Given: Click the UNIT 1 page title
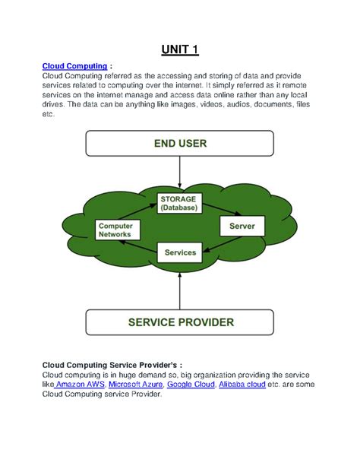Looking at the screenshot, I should coord(179,51).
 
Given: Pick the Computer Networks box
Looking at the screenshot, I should coord(116,230).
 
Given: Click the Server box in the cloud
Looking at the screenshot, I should coord(242,227).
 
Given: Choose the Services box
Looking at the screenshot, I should coord(180,252).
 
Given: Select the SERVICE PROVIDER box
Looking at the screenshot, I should coord(179,322).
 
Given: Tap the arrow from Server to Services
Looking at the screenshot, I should coord(221,243).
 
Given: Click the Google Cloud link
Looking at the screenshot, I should coord(190,385).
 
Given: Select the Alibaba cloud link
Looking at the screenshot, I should coord(242,385).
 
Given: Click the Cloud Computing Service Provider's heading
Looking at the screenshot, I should coord(112,364).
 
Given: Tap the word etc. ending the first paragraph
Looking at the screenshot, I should coord(49,113).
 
